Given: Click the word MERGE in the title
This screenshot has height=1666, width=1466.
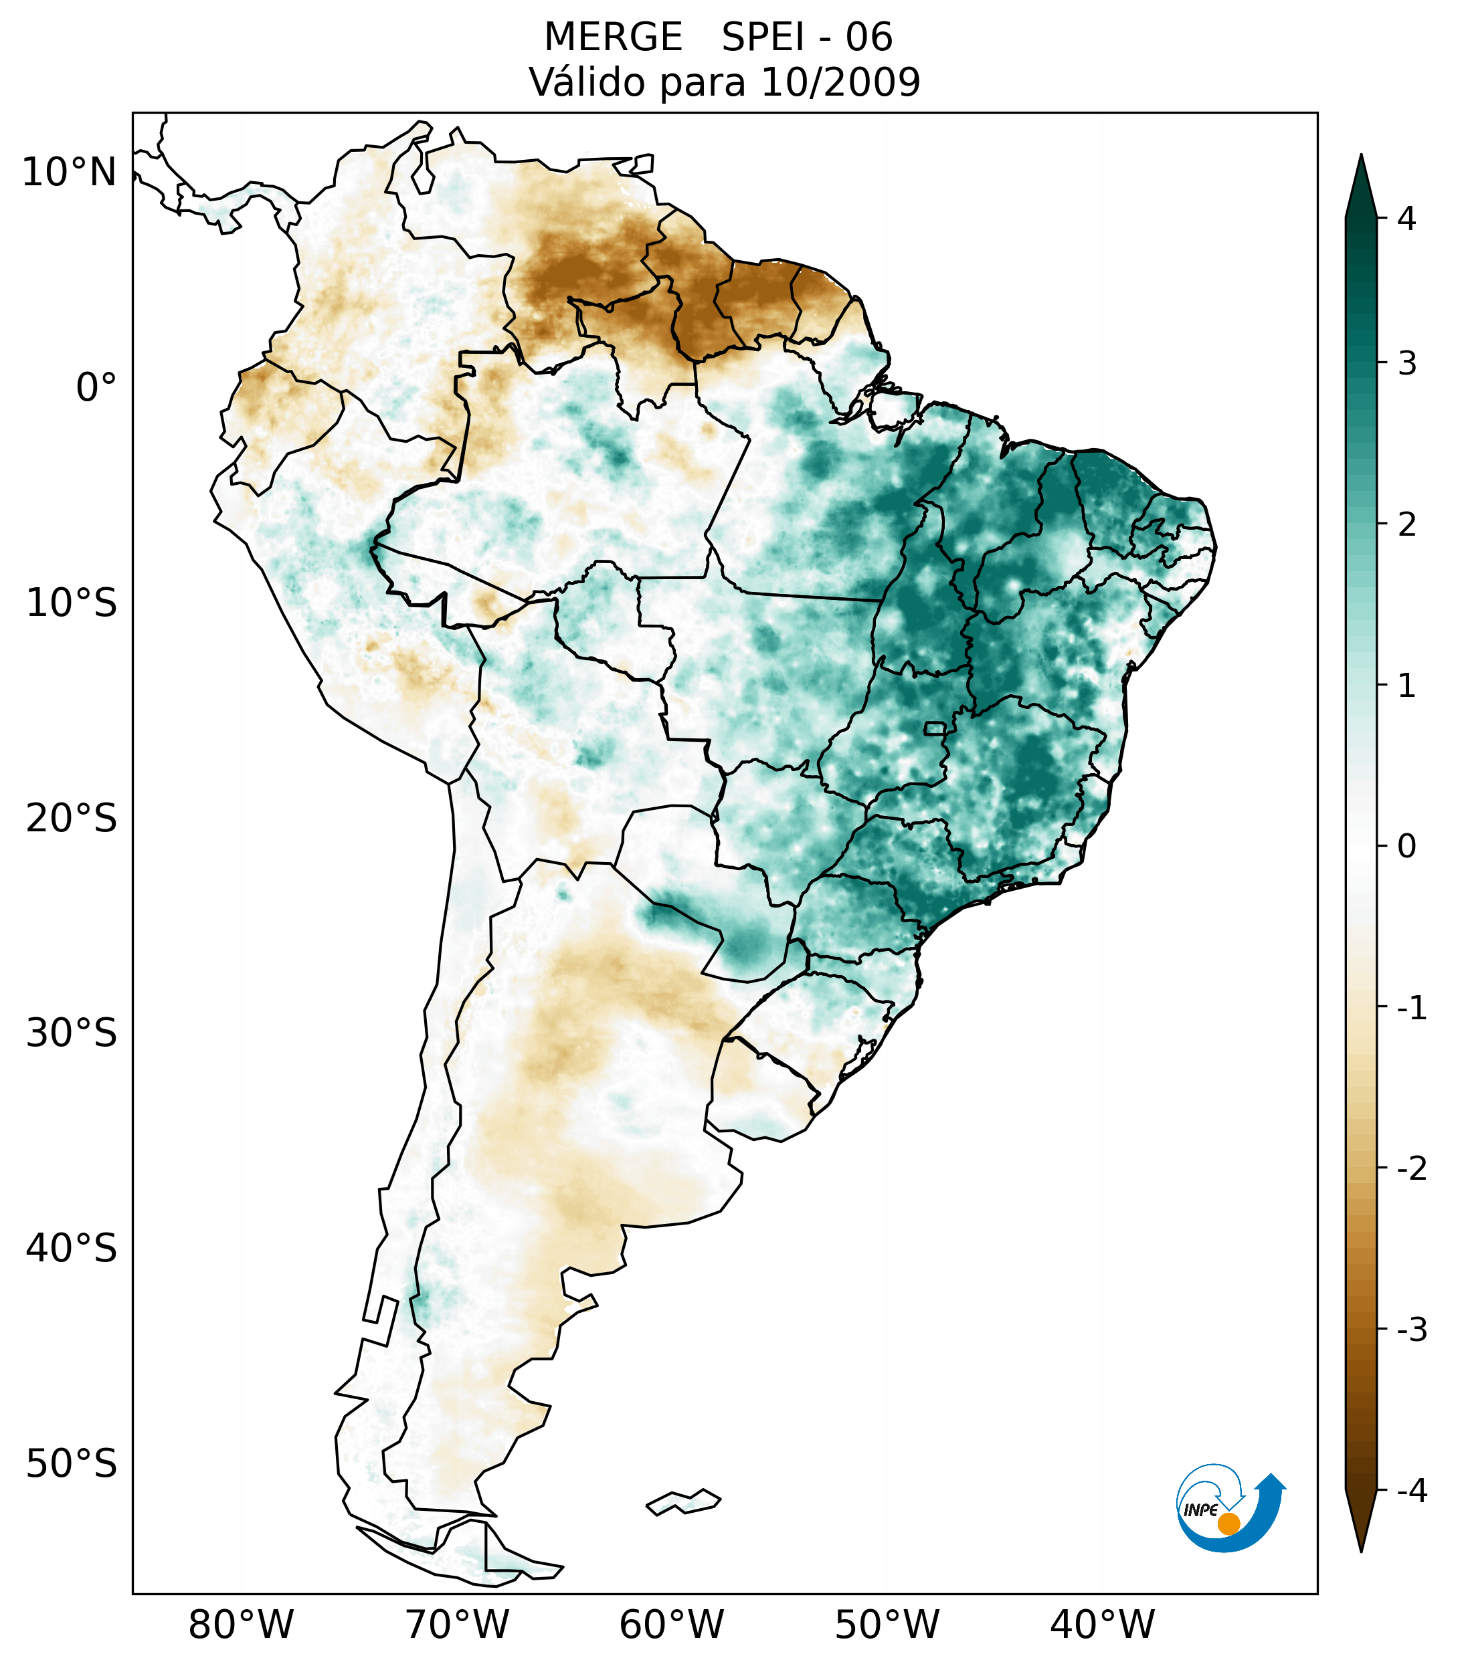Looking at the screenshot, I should pyautogui.click(x=613, y=37).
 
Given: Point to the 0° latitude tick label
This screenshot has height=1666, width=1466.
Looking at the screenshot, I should pyautogui.click(x=96, y=388).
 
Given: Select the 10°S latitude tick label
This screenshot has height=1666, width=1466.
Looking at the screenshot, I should pyautogui.click(x=72, y=603).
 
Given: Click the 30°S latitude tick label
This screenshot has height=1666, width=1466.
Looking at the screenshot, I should pyautogui.click(x=72, y=1033).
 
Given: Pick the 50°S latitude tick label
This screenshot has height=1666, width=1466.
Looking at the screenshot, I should pyautogui.click(x=72, y=1465).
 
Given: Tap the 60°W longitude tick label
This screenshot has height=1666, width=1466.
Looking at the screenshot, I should pyautogui.click(x=671, y=1625).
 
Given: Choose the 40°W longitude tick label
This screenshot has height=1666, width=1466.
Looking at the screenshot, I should pyautogui.click(x=1103, y=1625).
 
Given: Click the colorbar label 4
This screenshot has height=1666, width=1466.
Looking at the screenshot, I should pyautogui.click(x=1406, y=219).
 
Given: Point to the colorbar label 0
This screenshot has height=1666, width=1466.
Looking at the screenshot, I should pyautogui.click(x=1406, y=847).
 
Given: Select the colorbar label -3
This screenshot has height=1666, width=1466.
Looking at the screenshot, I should pyautogui.click(x=1411, y=1330).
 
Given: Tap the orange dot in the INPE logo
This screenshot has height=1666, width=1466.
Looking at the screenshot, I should pyautogui.click(x=1228, y=1524).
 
